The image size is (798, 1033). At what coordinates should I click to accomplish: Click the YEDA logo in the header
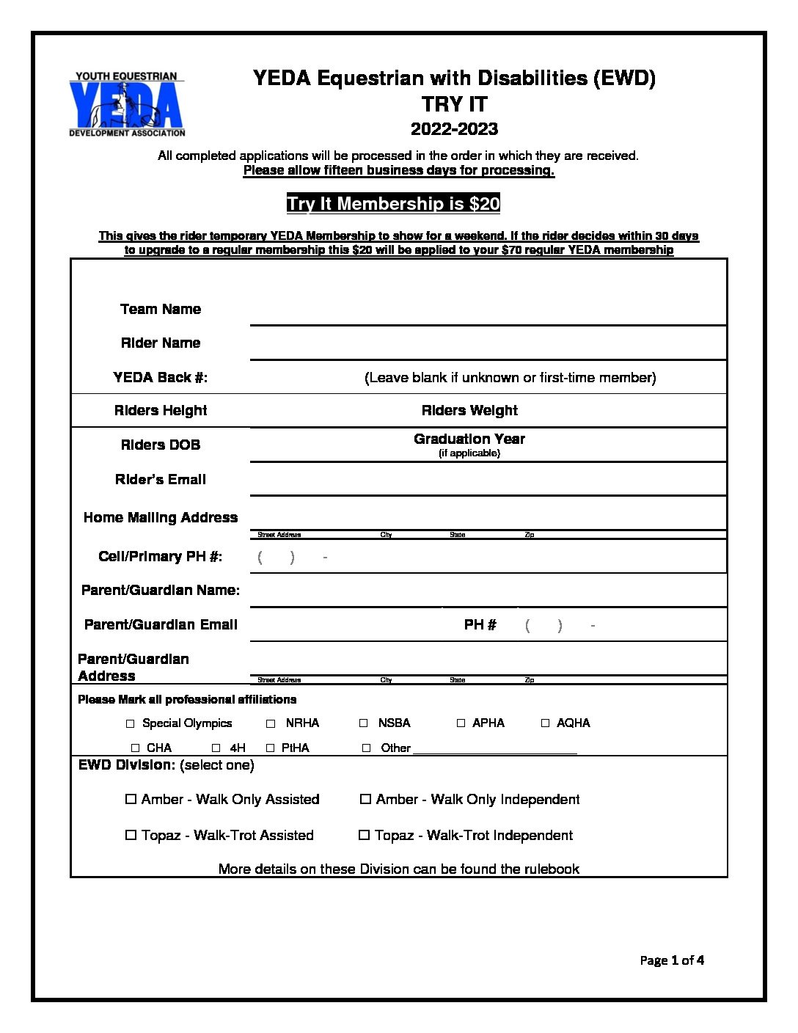point(127,104)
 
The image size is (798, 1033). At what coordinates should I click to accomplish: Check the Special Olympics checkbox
point(131,723)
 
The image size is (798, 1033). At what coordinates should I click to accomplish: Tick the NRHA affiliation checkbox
point(271,723)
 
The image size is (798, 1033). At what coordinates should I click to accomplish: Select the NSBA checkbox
point(363,723)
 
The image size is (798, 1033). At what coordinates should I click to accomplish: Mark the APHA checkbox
point(461,723)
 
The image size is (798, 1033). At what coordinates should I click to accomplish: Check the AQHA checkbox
point(545,723)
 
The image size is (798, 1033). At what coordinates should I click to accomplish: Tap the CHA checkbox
point(135,748)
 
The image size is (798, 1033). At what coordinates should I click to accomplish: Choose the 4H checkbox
point(216,748)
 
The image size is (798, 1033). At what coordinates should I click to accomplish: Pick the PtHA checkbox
point(270,748)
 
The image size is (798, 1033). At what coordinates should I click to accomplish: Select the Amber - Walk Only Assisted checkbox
point(131,799)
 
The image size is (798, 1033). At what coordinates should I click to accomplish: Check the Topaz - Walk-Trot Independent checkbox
point(364,835)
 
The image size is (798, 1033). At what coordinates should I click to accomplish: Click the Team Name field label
point(161,309)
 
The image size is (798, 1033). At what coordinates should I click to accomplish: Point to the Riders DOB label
point(161,445)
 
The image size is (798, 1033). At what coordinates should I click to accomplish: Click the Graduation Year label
point(469,439)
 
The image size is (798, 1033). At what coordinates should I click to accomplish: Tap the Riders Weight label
point(469,410)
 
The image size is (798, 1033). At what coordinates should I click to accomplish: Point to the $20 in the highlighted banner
point(484,203)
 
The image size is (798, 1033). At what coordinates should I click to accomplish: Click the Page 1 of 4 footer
point(672,960)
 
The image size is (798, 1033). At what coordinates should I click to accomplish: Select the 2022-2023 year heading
point(454,129)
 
